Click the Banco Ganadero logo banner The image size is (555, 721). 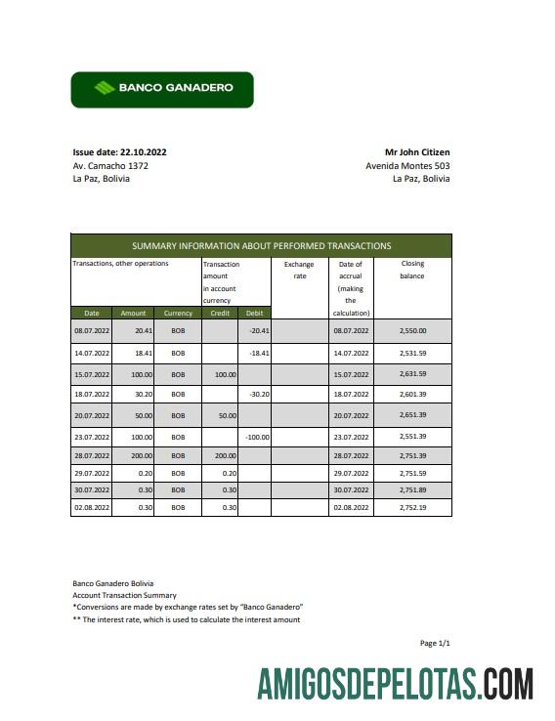pyautogui.click(x=162, y=89)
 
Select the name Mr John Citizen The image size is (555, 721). pyautogui.click(x=417, y=152)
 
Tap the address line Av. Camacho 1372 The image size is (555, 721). pyautogui.click(x=110, y=166)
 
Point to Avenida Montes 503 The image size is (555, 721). pyautogui.click(x=407, y=166)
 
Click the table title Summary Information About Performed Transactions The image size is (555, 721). pyautogui.click(x=261, y=246)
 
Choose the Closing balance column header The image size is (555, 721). pyautogui.click(x=411, y=270)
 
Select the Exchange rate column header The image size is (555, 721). pyautogui.click(x=299, y=270)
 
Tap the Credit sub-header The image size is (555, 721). pyautogui.click(x=220, y=313)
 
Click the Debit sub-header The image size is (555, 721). pyautogui.click(x=254, y=313)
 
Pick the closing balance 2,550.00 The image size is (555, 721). pyautogui.click(x=412, y=331)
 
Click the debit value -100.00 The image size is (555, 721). pyautogui.click(x=257, y=437)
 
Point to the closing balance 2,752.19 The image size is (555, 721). pyautogui.click(x=412, y=508)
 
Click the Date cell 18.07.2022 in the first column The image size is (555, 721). pyautogui.click(x=92, y=394)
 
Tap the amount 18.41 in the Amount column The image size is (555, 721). pyautogui.click(x=132, y=353)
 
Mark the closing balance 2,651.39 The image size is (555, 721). pyautogui.click(x=412, y=415)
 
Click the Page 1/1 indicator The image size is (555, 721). pyautogui.click(x=434, y=643)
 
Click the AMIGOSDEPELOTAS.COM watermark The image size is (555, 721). pyautogui.click(x=396, y=684)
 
